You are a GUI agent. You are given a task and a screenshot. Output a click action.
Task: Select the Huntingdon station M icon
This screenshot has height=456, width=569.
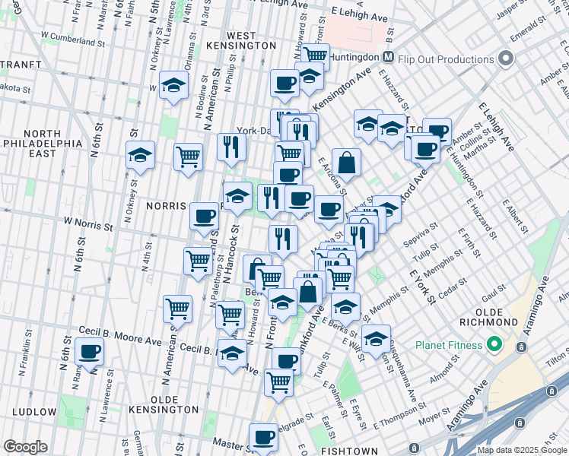click(x=388, y=58)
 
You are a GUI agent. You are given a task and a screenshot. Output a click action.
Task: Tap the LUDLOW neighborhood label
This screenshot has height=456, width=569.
click(x=33, y=412)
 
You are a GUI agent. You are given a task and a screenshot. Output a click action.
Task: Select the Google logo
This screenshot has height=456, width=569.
click(x=25, y=447)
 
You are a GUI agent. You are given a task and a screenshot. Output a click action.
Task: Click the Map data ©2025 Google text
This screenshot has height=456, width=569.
click(x=521, y=450)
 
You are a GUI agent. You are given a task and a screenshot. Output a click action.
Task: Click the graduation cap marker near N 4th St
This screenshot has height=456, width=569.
click(x=141, y=156)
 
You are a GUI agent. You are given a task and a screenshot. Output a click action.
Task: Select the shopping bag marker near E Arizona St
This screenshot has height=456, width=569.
click(x=346, y=162)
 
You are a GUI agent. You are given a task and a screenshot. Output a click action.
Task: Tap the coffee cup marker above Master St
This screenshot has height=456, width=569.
click(x=265, y=437)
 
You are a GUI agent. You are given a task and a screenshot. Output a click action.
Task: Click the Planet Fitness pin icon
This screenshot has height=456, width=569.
click(x=493, y=345)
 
